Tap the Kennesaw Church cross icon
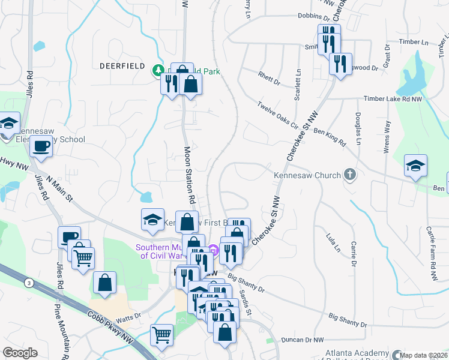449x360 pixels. pos(350,176)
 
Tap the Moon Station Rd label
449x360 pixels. pos(190,173)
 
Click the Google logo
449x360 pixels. pos(20,353)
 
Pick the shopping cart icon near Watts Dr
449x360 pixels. pos(162,335)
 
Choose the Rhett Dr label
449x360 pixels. pos(269,79)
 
